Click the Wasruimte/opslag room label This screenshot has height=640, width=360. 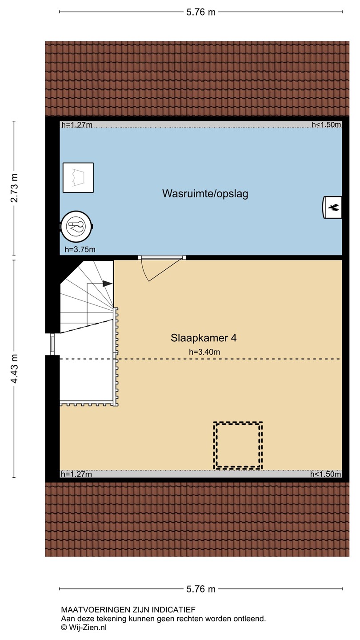coord(205,193)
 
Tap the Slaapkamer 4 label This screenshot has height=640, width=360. coord(204,338)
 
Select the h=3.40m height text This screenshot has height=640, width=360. coord(204,352)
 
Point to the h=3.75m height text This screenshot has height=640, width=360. coord(80,249)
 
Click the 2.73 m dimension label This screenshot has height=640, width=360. coord(14,188)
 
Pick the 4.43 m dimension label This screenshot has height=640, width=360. coord(14,368)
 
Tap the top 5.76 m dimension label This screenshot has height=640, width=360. coord(201,12)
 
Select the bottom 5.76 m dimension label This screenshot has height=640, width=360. coord(201,589)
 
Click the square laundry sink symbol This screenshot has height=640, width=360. coord(78,177)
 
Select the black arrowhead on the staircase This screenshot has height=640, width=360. coord(108,284)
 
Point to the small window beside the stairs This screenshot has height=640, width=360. coord(52,344)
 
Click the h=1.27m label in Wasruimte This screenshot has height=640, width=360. coord(76,125)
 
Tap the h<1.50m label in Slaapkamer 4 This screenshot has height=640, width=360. coord(326,474)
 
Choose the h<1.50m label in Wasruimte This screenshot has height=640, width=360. coord(326,124)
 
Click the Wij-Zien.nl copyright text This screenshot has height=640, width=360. coord(84,628)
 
